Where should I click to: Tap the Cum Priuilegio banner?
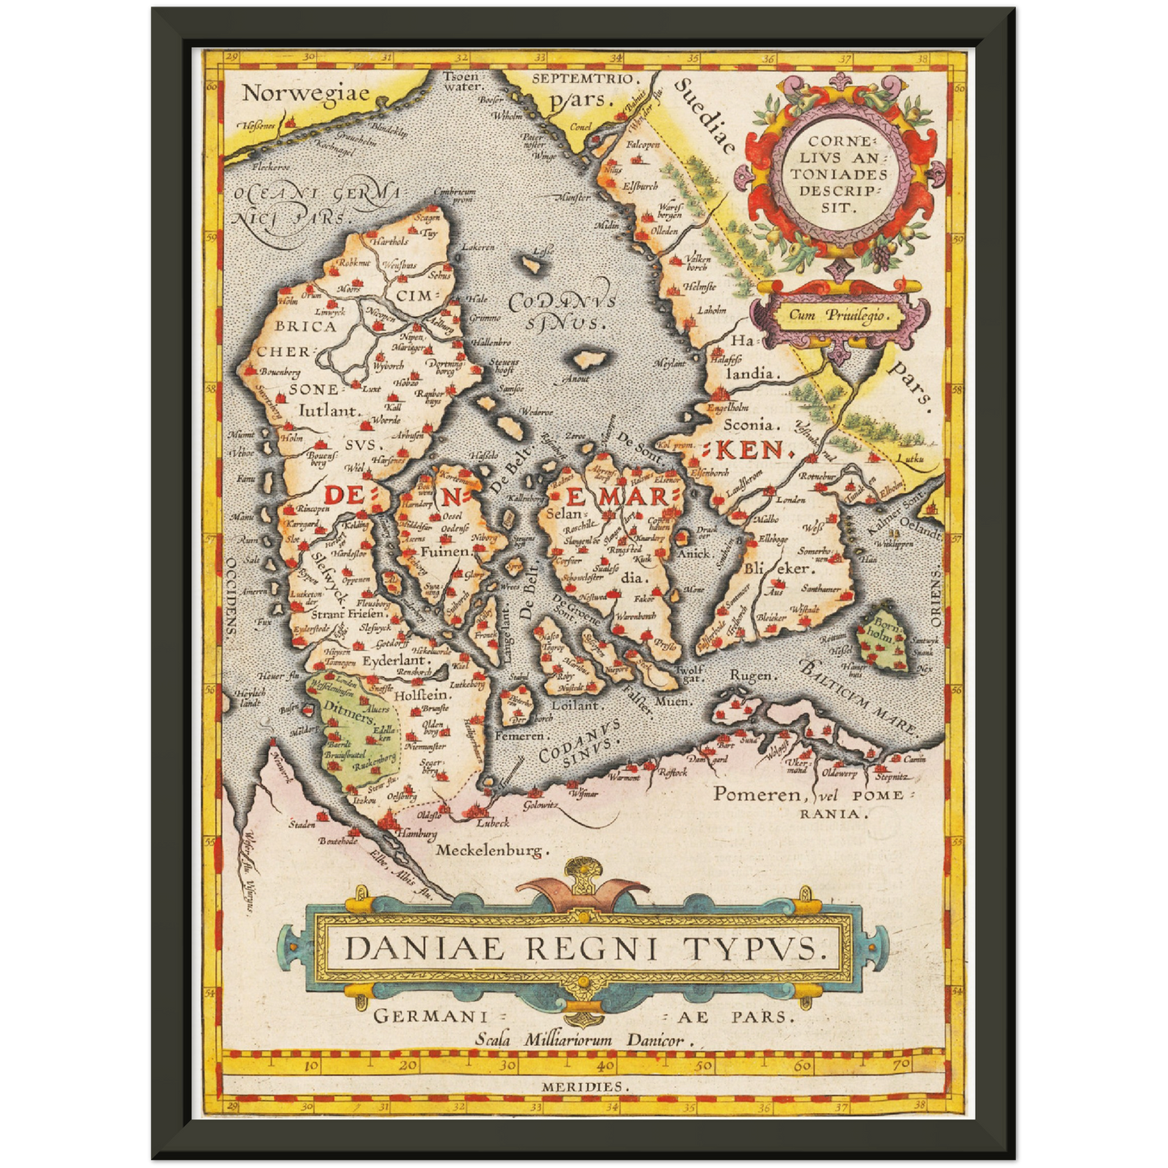(833, 316)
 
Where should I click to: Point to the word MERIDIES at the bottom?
(583, 1087)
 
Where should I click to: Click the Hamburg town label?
(417, 833)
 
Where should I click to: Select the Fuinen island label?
(445, 551)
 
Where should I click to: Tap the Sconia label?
(751, 424)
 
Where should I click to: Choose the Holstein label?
(422, 694)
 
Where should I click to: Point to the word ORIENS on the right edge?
(935, 598)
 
